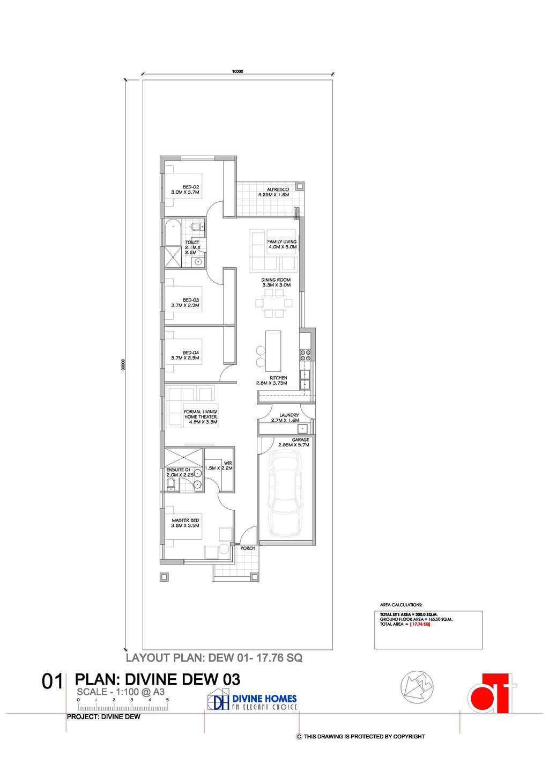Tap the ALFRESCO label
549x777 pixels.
pyautogui.click(x=278, y=189)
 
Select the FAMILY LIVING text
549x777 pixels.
pyautogui.click(x=282, y=242)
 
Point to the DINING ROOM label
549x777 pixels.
pyautogui.click(x=276, y=280)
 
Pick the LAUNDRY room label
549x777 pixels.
pyautogui.click(x=289, y=415)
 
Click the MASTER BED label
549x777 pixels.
pyautogui.click(x=185, y=521)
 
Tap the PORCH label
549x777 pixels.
pyautogui.click(x=248, y=548)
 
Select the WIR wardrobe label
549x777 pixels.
pyautogui.click(x=227, y=463)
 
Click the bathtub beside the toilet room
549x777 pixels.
pyautogui.click(x=173, y=232)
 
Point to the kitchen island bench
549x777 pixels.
pyautogui.click(x=273, y=350)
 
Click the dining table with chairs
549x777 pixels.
pyautogui.click(x=273, y=302)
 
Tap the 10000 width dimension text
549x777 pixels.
pyautogui.click(x=238, y=71)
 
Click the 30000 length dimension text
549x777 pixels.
pyautogui.click(x=123, y=365)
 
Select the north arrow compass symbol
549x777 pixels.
pyautogui.click(x=417, y=687)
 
